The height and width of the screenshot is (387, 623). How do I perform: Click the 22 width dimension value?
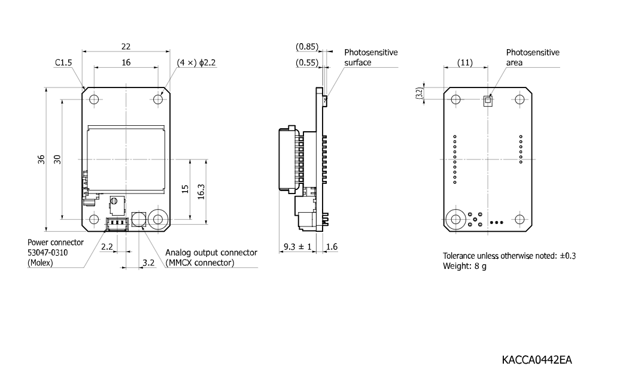pos(126,47)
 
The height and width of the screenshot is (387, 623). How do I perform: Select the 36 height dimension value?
pos(41,159)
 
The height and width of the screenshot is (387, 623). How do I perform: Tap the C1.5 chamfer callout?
pos(63,62)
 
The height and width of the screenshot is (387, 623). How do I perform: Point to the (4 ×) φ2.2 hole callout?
pos(196,62)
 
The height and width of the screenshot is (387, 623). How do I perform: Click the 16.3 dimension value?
pos(201,191)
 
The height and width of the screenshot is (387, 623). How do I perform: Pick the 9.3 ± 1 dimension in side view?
pos(297,247)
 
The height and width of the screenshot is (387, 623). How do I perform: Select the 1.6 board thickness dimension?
pos(332,247)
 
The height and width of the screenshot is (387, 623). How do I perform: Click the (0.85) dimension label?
pos(307,47)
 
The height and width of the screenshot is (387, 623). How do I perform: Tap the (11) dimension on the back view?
pos(465,62)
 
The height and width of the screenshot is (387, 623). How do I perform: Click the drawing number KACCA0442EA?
pos(537,360)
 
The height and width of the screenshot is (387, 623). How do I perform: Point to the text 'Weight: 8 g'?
pos(464,266)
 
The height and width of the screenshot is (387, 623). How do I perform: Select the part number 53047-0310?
pos(48,253)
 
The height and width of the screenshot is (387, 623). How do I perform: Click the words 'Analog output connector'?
pos(211,253)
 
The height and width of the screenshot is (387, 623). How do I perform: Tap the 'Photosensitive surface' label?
pos(370,58)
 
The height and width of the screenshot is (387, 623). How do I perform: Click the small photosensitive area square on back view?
pos(488,101)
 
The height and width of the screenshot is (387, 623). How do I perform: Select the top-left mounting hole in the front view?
pos(94,99)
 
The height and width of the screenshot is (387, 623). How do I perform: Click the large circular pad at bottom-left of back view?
pos(455,219)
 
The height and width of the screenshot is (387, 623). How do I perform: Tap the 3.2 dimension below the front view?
pos(148,263)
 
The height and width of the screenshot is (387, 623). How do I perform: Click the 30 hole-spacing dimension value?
pos(57,159)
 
